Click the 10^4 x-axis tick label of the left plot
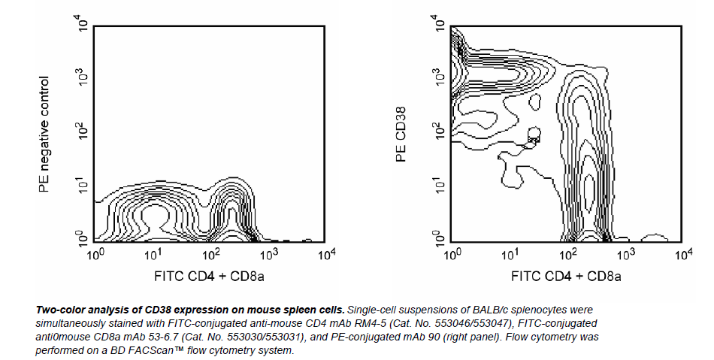(325, 256)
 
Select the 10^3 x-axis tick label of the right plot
(625, 256)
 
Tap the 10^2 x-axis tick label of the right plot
(569, 256)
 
